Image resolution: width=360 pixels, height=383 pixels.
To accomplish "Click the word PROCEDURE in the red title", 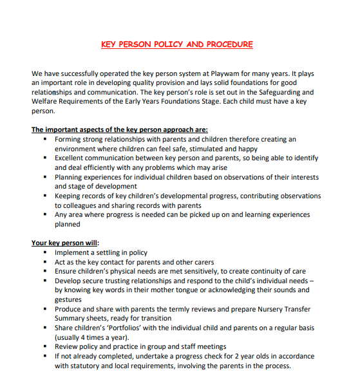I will [228, 44].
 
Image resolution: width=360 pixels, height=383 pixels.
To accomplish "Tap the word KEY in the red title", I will [110, 44].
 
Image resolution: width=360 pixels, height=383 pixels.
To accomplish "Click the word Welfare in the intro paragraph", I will [45, 102].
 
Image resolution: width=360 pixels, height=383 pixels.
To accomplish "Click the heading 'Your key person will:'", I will [65, 243].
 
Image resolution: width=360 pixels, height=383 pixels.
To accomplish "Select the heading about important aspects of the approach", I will [120, 129].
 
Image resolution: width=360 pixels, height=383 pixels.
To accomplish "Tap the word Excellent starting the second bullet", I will [72, 157].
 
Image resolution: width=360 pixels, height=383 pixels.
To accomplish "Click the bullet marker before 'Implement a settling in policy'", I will [44, 252].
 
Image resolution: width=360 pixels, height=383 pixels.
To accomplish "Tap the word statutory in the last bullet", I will [85, 366].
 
